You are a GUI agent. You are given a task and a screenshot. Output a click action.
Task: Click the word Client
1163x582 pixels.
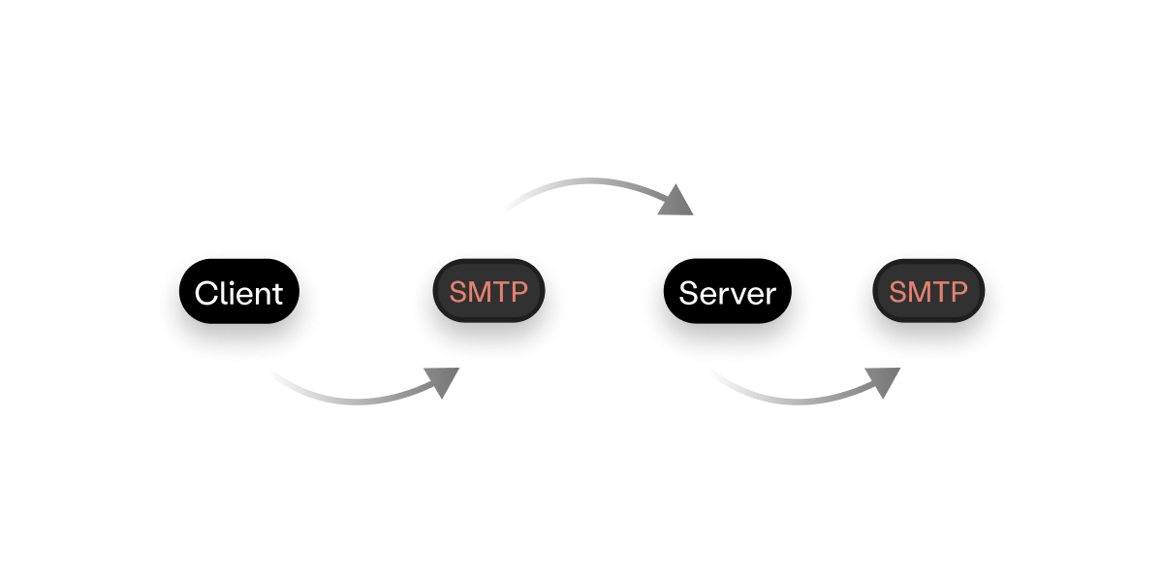(238, 293)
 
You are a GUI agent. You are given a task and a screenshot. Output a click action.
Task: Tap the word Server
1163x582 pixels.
(727, 293)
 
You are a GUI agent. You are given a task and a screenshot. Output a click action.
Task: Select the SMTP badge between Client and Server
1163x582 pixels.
(488, 292)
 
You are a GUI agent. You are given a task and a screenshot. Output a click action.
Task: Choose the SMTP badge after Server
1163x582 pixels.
(928, 292)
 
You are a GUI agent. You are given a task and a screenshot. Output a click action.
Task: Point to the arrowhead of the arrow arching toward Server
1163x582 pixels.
(677, 201)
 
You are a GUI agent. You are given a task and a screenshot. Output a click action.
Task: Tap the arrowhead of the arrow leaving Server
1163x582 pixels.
(885, 382)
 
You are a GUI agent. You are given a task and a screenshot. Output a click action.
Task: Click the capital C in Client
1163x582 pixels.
(205, 293)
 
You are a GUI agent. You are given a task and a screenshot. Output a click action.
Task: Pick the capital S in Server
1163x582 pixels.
(688, 293)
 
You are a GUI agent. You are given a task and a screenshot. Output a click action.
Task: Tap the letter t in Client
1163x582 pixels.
(277, 293)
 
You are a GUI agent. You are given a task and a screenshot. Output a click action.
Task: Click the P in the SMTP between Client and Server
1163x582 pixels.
(518, 292)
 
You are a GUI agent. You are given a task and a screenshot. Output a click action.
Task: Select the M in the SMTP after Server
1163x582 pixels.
(920, 292)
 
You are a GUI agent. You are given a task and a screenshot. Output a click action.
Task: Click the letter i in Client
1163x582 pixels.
(231, 292)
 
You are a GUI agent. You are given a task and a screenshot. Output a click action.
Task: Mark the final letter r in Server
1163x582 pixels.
(771, 295)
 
